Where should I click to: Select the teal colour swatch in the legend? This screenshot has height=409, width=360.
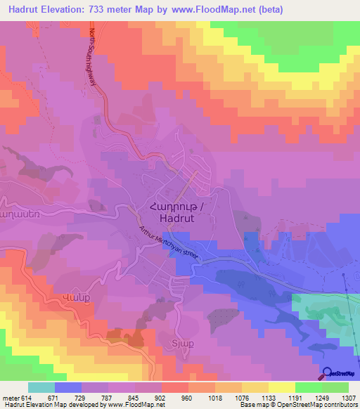point(41,387)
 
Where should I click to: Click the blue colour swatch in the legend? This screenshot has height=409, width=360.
point(68,387)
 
